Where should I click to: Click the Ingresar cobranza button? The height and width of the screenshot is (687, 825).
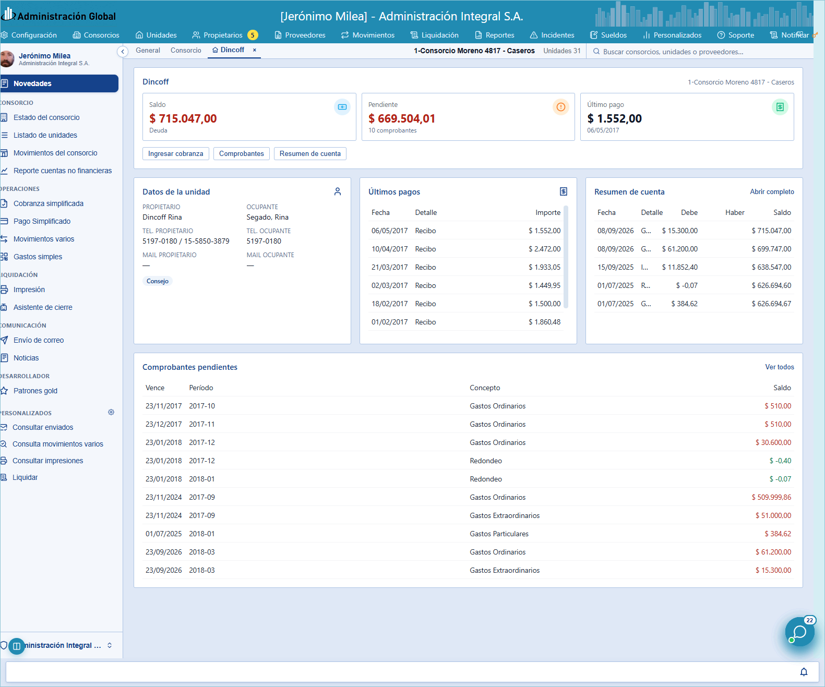[175, 154]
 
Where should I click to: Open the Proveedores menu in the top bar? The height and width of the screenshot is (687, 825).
[300, 35]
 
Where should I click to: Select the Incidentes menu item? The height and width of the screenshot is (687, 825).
[552, 35]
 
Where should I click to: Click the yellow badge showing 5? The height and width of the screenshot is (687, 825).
[253, 35]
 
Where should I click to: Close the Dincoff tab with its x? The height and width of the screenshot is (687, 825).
[255, 50]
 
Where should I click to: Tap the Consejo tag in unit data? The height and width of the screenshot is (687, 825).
[157, 281]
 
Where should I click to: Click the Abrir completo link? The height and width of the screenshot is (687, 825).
[772, 191]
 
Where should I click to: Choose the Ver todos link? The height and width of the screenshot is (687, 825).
[779, 367]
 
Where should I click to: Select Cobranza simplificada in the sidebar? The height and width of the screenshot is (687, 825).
[49, 203]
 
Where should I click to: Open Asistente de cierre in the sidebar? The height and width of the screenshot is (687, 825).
[43, 307]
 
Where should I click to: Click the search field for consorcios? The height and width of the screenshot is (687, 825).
[673, 52]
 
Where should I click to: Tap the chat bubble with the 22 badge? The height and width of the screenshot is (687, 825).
[799, 632]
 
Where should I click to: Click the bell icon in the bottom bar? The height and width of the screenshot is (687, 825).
[804, 672]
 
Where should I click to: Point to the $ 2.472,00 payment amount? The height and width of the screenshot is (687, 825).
[544, 249]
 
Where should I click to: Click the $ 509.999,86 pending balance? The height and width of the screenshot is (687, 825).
[771, 497]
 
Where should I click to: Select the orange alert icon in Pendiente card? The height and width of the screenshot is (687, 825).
[560, 106]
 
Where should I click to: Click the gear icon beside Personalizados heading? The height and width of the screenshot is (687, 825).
[111, 412]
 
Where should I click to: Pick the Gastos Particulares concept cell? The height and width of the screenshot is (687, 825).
[499, 534]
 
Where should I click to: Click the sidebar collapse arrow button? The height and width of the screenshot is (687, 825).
[123, 51]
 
